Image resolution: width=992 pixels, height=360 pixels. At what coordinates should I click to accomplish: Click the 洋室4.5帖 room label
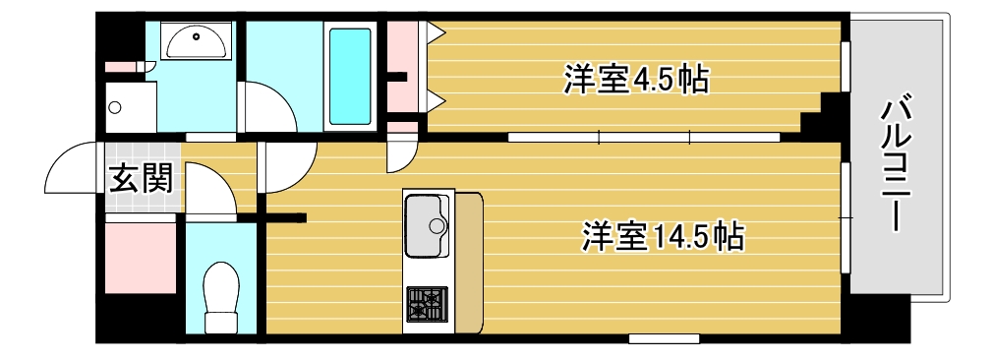click(636, 79)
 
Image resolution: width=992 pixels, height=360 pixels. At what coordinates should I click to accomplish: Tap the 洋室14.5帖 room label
click(661, 236)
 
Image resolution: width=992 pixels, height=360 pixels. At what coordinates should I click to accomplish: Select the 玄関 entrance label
click(140, 178)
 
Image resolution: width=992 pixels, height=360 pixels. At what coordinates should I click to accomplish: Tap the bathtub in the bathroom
click(350, 74)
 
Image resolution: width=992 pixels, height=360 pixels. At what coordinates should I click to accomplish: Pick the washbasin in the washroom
click(196, 41)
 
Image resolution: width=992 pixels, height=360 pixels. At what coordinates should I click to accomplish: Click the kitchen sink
click(427, 225)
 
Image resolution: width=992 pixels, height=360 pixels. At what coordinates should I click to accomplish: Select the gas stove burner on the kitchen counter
click(427, 304)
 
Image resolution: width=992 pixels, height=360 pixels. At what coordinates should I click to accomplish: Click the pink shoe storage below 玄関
click(140, 256)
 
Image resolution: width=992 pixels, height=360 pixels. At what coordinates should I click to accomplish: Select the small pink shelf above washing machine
click(125, 67)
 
